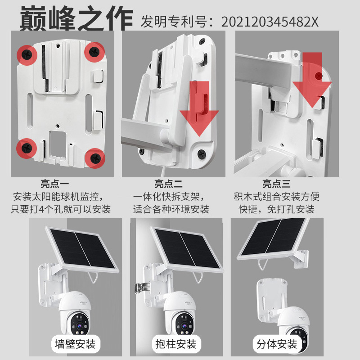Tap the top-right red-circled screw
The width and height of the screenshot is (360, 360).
coord(94,52)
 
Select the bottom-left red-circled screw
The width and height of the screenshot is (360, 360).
coord(26,148)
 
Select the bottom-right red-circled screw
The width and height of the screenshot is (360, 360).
coord(95,157)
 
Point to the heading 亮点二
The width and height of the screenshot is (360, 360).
coord(168,184)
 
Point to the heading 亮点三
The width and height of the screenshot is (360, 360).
coord(277,184)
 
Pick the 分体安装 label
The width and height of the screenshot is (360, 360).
coord(277,344)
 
